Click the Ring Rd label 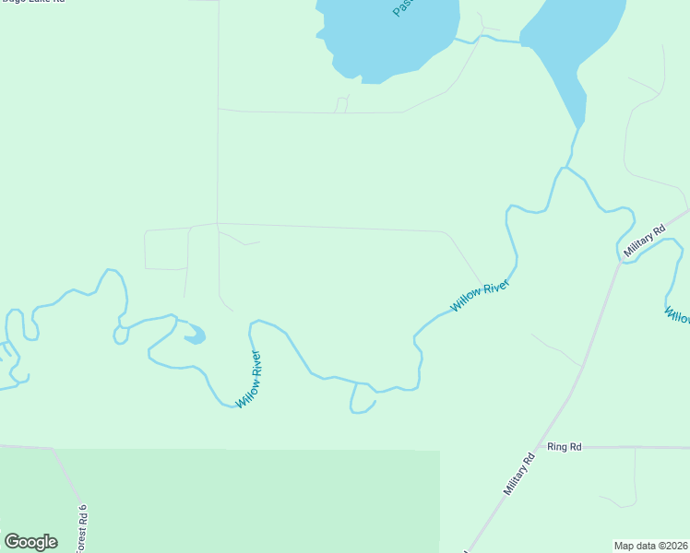(x=564, y=447)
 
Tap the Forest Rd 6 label (x=82, y=527)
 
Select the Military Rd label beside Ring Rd (x=519, y=474)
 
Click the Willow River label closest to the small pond (x=249, y=379)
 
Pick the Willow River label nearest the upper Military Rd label (x=480, y=297)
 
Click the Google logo (x=30, y=541)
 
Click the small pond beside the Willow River (x=195, y=337)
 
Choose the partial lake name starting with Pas (x=401, y=7)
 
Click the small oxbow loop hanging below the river (x=362, y=402)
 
